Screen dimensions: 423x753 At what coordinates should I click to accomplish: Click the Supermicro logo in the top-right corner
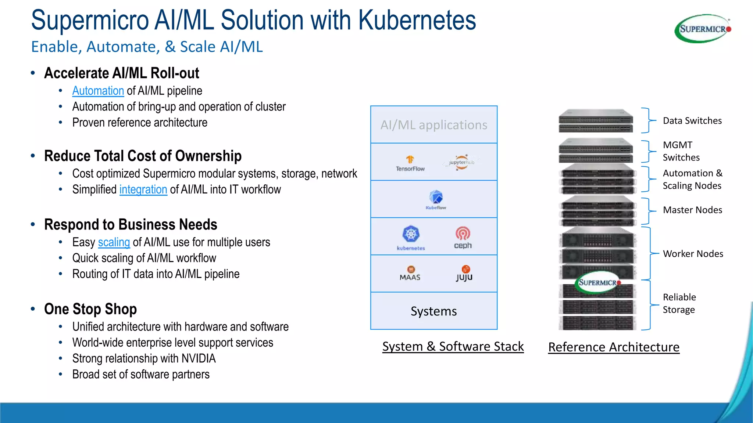tap(703, 29)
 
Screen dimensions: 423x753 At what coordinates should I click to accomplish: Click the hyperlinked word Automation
tap(98, 91)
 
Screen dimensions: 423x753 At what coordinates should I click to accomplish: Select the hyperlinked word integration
tap(143, 189)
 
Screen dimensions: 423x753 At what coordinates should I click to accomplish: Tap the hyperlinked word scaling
tap(114, 242)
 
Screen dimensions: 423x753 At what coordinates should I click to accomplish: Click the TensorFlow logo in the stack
tap(410, 163)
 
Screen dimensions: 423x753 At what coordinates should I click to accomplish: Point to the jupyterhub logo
tap(461, 162)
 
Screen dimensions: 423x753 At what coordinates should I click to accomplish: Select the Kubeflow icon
tap(436, 198)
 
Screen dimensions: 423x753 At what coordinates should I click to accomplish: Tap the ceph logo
tap(463, 238)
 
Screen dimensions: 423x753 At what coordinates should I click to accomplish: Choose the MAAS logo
tap(410, 273)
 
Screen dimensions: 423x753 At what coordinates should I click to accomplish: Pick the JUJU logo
tap(464, 273)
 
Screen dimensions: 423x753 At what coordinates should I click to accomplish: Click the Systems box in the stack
tap(433, 311)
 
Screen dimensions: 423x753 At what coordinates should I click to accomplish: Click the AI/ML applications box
tap(433, 125)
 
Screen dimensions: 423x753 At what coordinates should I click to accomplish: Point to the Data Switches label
tap(692, 121)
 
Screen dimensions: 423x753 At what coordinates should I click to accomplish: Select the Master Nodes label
tap(692, 210)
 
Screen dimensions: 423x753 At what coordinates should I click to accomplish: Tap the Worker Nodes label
tap(693, 254)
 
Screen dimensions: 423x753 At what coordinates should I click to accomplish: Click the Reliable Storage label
tap(679, 303)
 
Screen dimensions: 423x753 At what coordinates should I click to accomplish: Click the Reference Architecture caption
tap(614, 347)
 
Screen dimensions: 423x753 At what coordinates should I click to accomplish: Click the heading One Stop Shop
tap(90, 309)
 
